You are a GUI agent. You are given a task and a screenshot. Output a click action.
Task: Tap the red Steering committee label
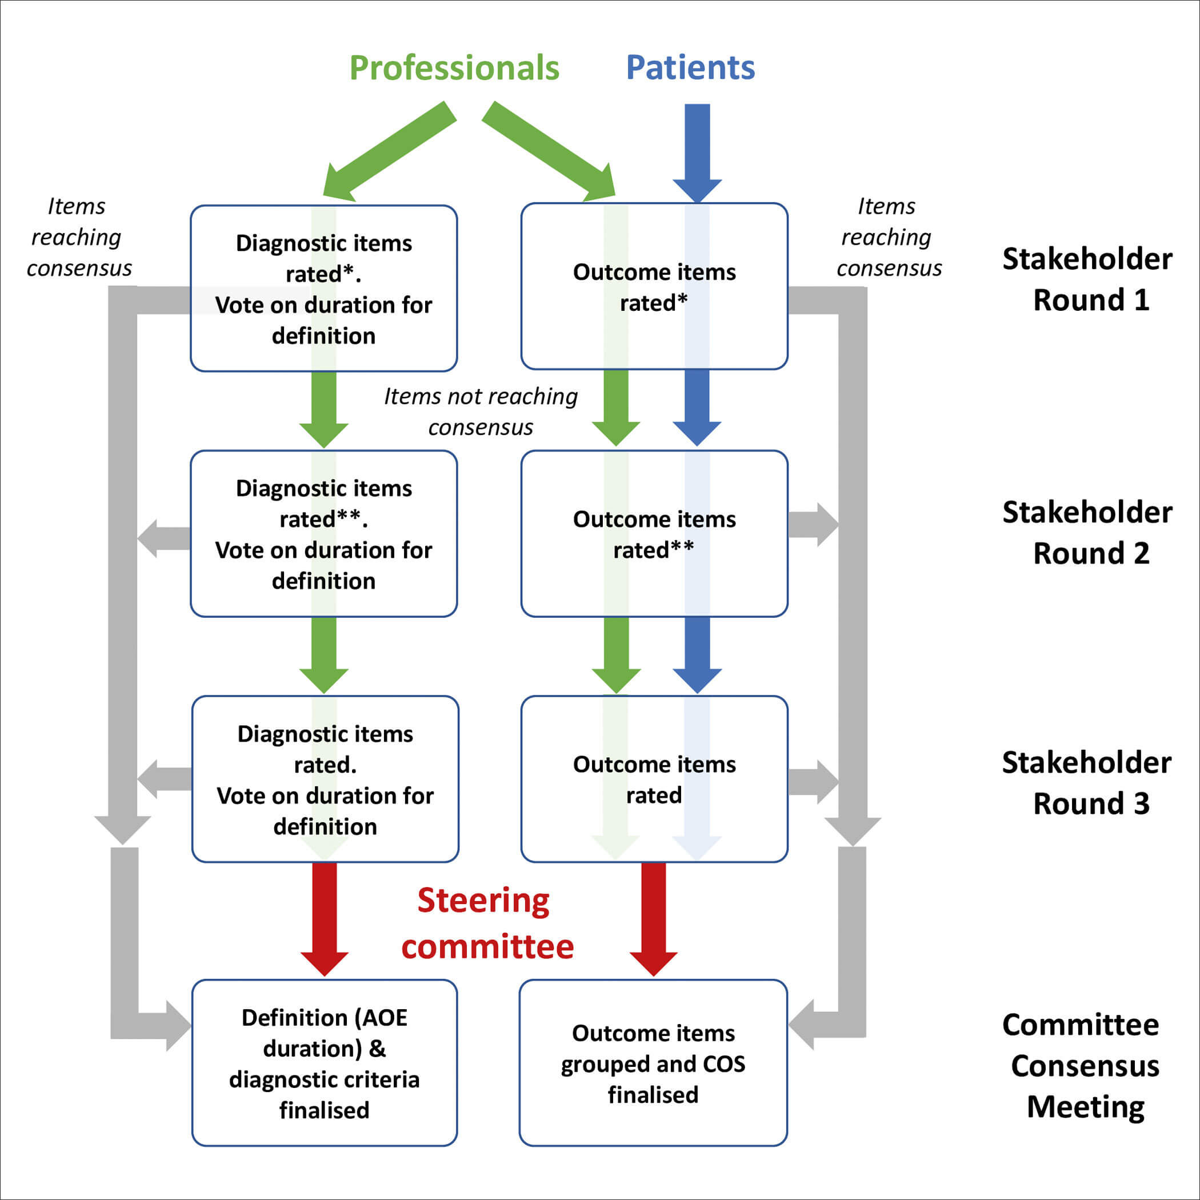(486, 923)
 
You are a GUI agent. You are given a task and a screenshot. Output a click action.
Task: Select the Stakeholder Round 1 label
(1087, 279)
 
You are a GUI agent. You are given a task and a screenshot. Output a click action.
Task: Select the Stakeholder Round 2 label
(1087, 533)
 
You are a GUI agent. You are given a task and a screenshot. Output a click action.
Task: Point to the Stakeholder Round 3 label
(1087, 783)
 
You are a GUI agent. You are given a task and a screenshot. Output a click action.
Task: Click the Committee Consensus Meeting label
(1083, 1065)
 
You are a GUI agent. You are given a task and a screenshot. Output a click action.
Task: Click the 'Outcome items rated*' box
(654, 287)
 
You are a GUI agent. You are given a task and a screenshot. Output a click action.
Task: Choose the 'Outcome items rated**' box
(654, 534)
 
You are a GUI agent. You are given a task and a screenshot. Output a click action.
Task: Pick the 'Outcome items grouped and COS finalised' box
(653, 1063)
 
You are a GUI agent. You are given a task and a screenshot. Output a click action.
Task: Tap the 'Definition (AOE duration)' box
(324, 1063)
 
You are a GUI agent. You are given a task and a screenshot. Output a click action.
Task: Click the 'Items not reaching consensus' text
(480, 412)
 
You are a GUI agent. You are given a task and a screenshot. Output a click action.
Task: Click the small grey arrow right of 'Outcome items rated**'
(813, 525)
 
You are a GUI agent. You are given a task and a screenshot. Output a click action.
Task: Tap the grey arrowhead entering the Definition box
(177, 1026)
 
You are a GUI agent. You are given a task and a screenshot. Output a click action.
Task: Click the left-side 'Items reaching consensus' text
(78, 237)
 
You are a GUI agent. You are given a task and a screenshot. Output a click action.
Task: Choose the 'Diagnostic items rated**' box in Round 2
(323, 534)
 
